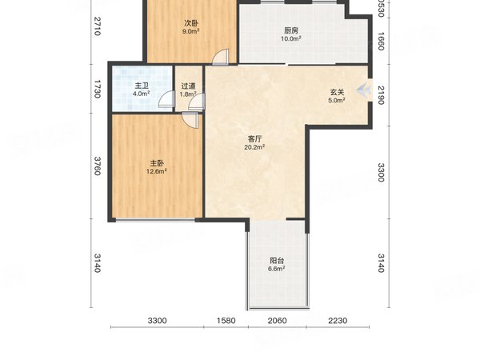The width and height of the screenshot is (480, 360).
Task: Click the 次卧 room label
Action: [x=190, y=23]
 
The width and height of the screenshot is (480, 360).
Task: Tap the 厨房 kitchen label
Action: [x=291, y=31]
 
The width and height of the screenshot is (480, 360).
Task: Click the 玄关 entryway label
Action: [x=337, y=92]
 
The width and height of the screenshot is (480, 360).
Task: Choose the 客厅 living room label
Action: [x=254, y=138]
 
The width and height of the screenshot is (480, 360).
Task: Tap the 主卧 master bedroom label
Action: [x=155, y=161]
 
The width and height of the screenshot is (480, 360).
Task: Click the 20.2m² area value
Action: [x=254, y=147]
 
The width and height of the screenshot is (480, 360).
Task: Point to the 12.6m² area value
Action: [x=155, y=170]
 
